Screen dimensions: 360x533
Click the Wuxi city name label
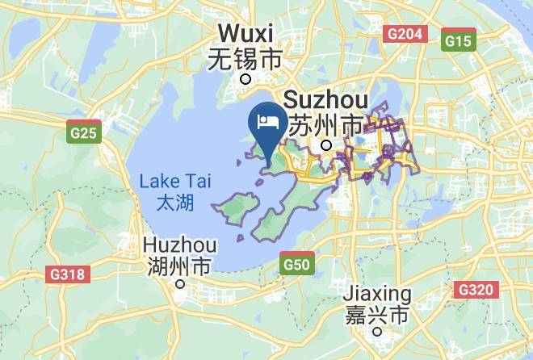tap(246, 35)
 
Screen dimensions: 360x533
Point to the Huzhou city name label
tap(179, 244)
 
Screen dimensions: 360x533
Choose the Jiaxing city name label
tap(377, 292)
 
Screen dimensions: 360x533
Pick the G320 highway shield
tap(476, 289)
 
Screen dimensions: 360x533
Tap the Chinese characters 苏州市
tap(326, 125)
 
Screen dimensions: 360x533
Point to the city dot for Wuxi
tap(246, 78)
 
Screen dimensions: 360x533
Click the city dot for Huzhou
tap(181, 284)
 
